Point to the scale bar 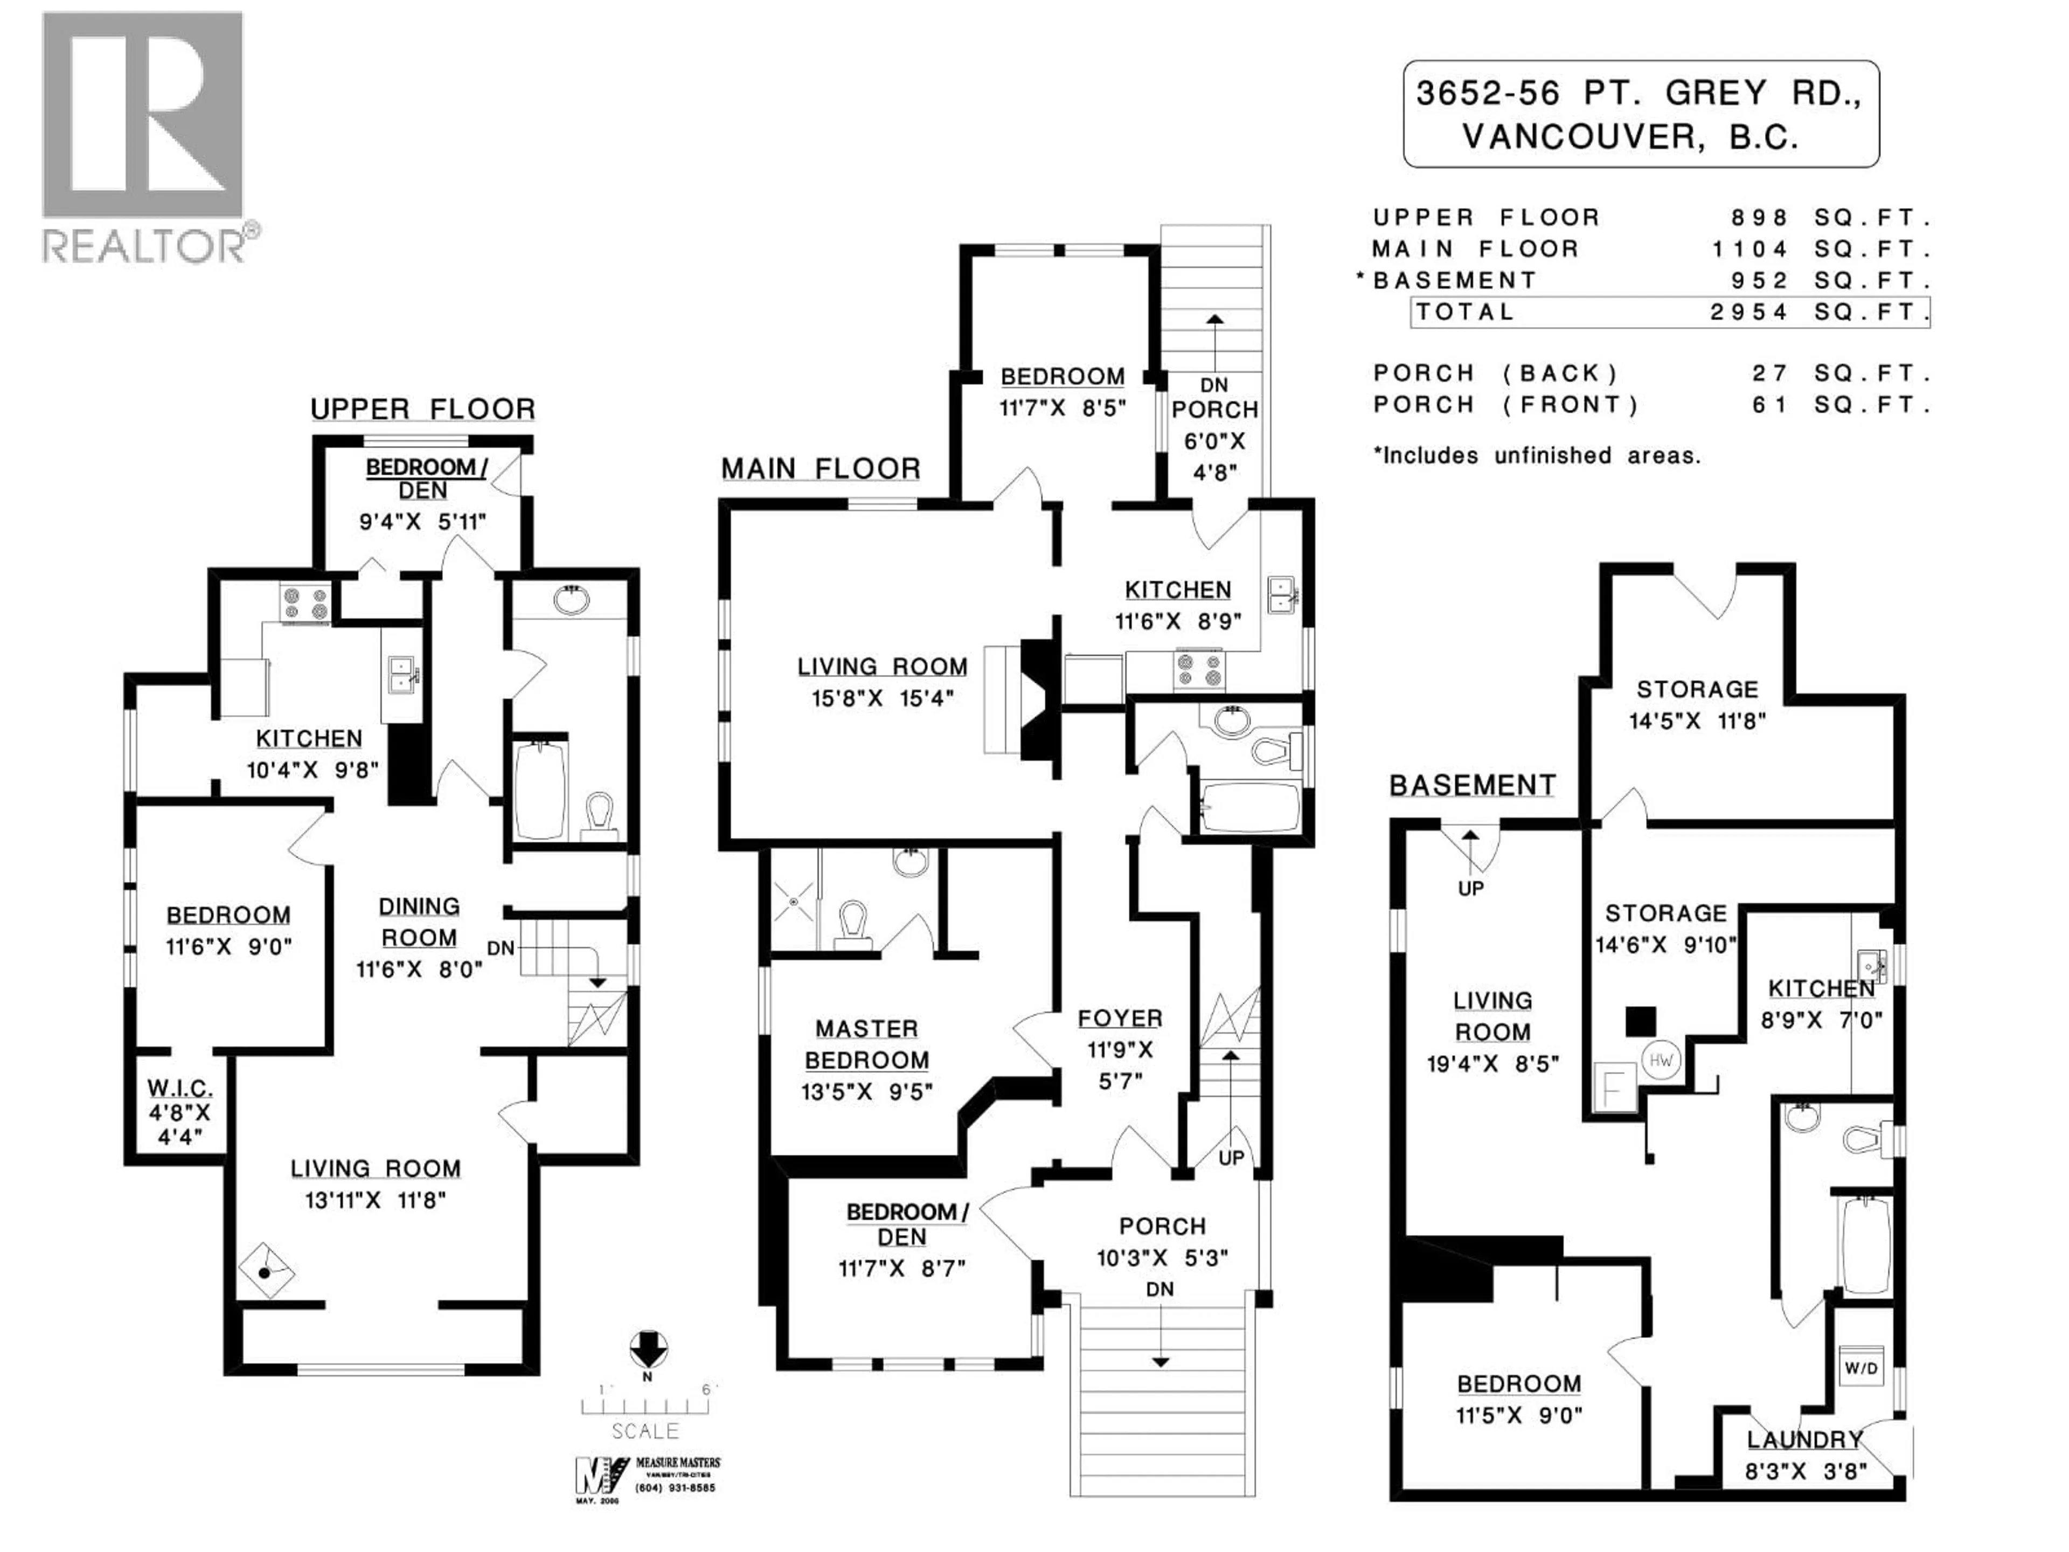coord(645,1405)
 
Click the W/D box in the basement coord(1860,1369)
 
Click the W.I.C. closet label coord(179,1088)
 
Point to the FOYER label coord(1120,1018)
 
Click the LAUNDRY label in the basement coord(1805,1440)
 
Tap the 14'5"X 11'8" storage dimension coord(1697,721)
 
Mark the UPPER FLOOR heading coord(423,410)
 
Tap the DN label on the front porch coord(1160,1289)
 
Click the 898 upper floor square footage coord(1759,218)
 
